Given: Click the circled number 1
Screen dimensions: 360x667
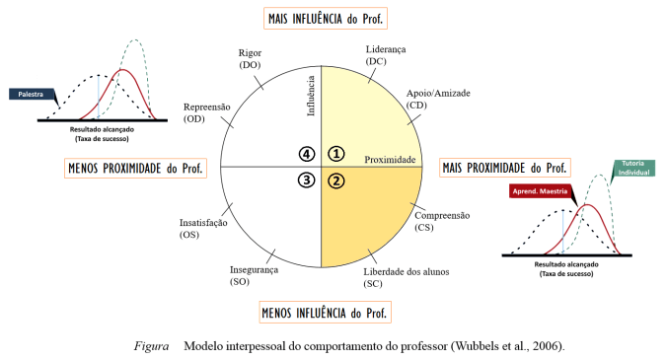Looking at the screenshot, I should pos(336,154).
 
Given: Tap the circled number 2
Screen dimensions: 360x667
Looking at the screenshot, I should pos(336,180).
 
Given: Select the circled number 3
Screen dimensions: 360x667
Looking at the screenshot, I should pos(307,180).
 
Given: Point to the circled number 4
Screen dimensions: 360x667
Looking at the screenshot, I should pos(307,154).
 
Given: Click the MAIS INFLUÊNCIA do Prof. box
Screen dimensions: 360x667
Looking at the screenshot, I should pos(326,19).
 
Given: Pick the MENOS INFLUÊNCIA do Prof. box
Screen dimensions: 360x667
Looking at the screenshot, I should pos(326,313).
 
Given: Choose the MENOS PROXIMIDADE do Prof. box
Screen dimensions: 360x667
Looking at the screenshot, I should pos(135,168).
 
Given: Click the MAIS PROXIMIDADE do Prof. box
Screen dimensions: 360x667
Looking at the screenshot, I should pos(505,168).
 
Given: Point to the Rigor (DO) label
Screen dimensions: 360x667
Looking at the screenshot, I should pos(249,58).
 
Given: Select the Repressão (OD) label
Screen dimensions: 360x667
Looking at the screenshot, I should pos(209,111).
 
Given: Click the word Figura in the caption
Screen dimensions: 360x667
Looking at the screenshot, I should pos(154,346).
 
